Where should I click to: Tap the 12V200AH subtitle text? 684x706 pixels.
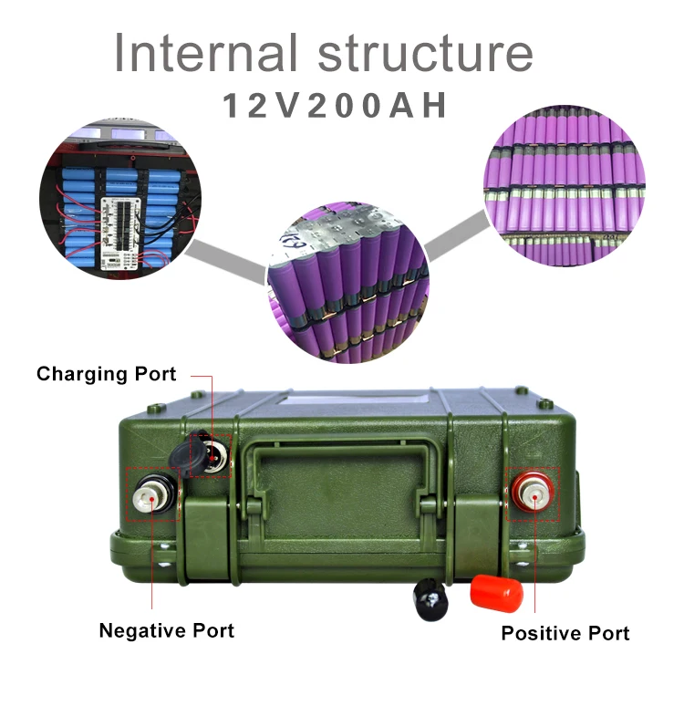(x=336, y=106)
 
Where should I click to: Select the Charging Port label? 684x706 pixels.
(x=107, y=374)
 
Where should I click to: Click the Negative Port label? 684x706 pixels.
(x=166, y=630)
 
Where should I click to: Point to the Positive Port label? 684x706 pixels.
(x=565, y=633)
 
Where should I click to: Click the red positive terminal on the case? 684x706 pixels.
(x=532, y=493)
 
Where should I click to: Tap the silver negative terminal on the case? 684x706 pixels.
(x=151, y=497)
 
